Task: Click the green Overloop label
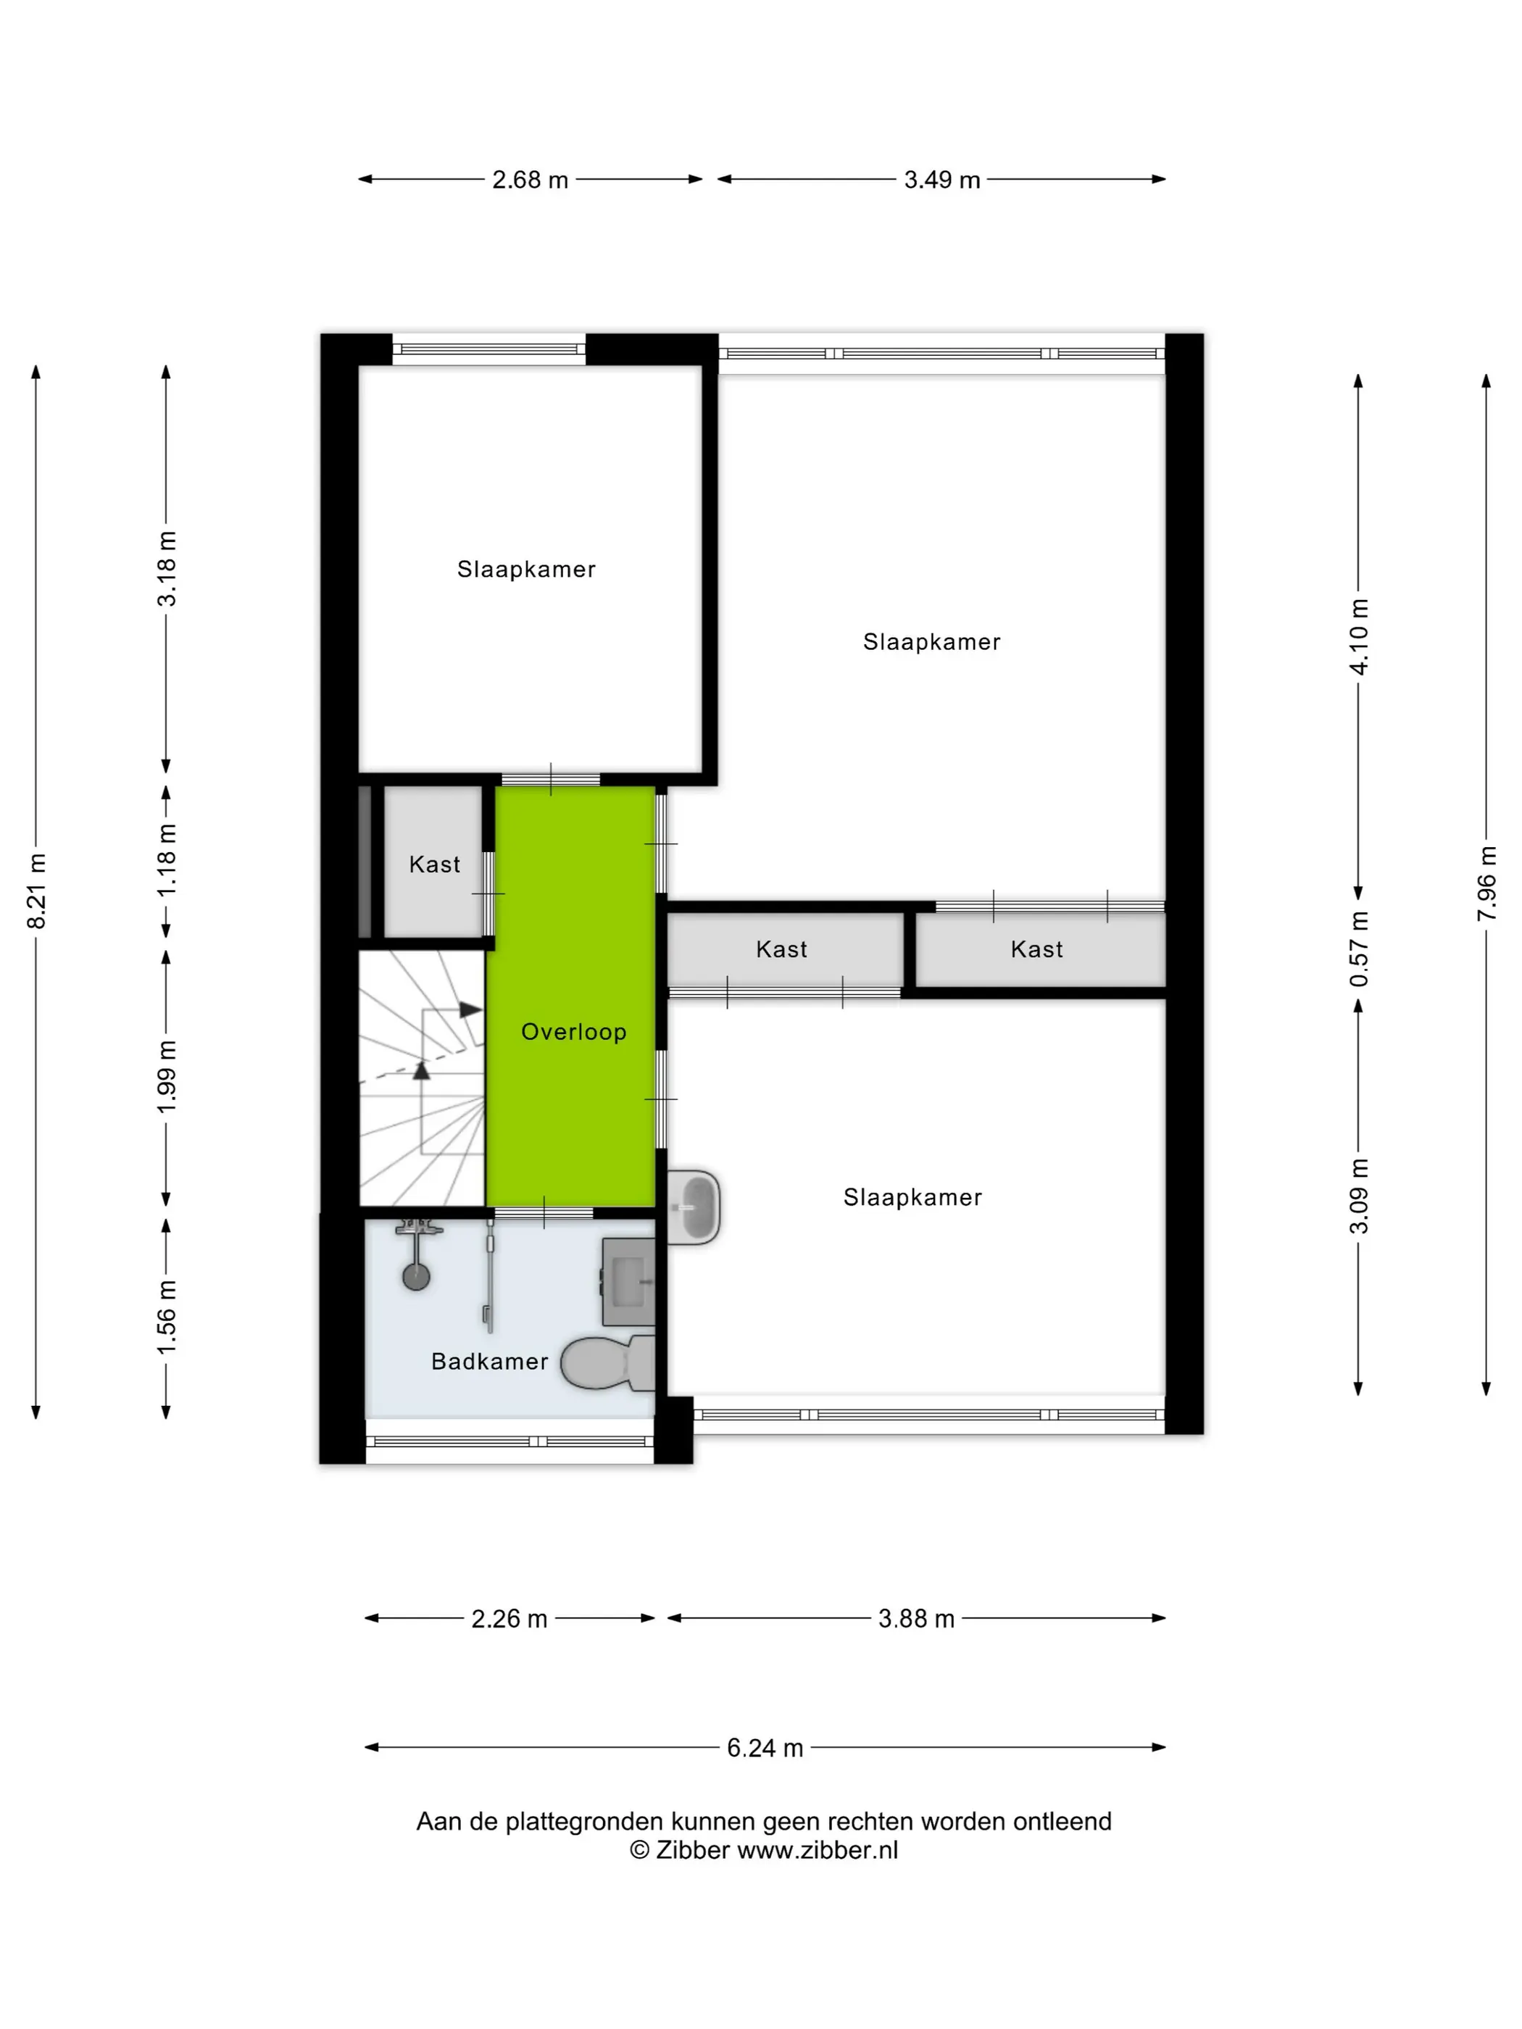click(x=573, y=1032)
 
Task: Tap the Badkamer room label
click(x=489, y=1361)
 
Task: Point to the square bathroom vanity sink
click(x=628, y=1281)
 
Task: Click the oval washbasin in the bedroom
click(x=694, y=1207)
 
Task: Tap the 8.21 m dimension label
click(x=37, y=891)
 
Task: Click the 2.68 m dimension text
click(x=531, y=180)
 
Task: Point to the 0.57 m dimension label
click(x=1359, y=949)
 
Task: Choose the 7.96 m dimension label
click(x=1487, y=884)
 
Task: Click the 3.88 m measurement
click(x=917, y=1619)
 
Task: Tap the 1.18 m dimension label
click(x=166, y=860)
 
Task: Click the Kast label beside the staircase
click(x=435, y=864)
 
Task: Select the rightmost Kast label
click(x=1036, y=949)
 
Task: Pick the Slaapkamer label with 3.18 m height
click(x=527, y=570)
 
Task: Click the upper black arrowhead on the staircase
click(x=470, y=1010)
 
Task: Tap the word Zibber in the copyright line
click(x=693, y=1851)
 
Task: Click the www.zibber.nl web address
click(x=818, y=1851)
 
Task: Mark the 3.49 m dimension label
click(x=942, y=180)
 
